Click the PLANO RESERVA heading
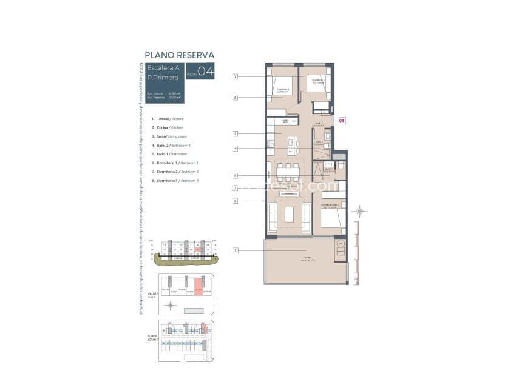tap(179, 55)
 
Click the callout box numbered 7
tap(234, 76)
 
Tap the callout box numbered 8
tap(234, 97)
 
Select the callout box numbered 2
tap(234, 133)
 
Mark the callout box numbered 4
tap(234, 149)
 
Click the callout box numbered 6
tap(234, 201)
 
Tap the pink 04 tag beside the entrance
tap(342, 121)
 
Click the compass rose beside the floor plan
tap(360, 212)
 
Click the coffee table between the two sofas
tap(289, 215)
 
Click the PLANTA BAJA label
tap(152, 295)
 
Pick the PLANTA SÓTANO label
tap(152, 338)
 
